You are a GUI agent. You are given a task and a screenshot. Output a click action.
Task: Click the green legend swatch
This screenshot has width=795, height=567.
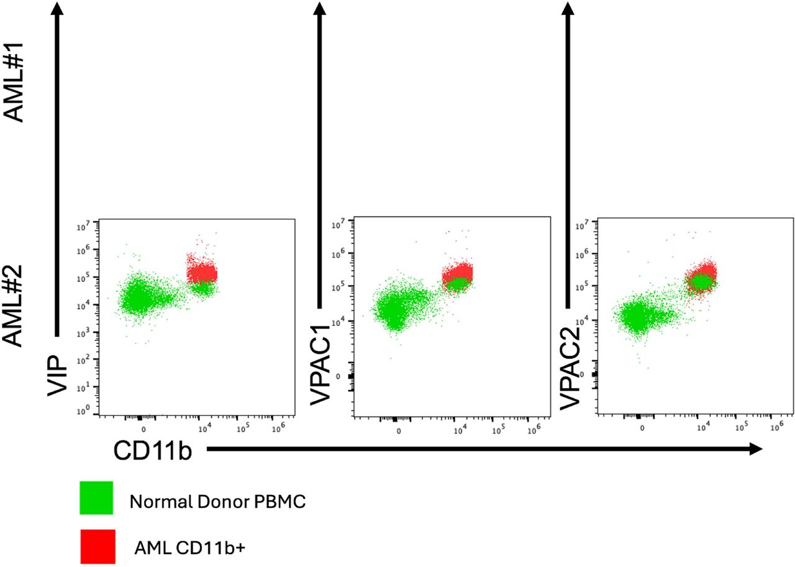coord(96,498)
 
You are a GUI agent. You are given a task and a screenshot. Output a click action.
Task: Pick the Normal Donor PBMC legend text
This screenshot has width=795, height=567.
coord(217,502)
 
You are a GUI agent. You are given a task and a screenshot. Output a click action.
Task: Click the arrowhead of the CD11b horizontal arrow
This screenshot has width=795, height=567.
coord(756,450)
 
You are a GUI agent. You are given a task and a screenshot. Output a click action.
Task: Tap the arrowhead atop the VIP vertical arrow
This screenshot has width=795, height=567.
coord(57,9)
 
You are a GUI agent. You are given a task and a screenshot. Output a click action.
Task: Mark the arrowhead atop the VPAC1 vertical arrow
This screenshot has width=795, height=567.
coord(320,9)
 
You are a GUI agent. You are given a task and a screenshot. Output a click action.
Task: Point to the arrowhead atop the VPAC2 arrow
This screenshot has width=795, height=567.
coord(567,9)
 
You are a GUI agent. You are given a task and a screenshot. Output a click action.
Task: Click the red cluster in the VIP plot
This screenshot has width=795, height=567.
coord(202,273)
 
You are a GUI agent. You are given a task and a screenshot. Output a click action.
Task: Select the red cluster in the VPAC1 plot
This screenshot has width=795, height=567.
coord(457,272)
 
